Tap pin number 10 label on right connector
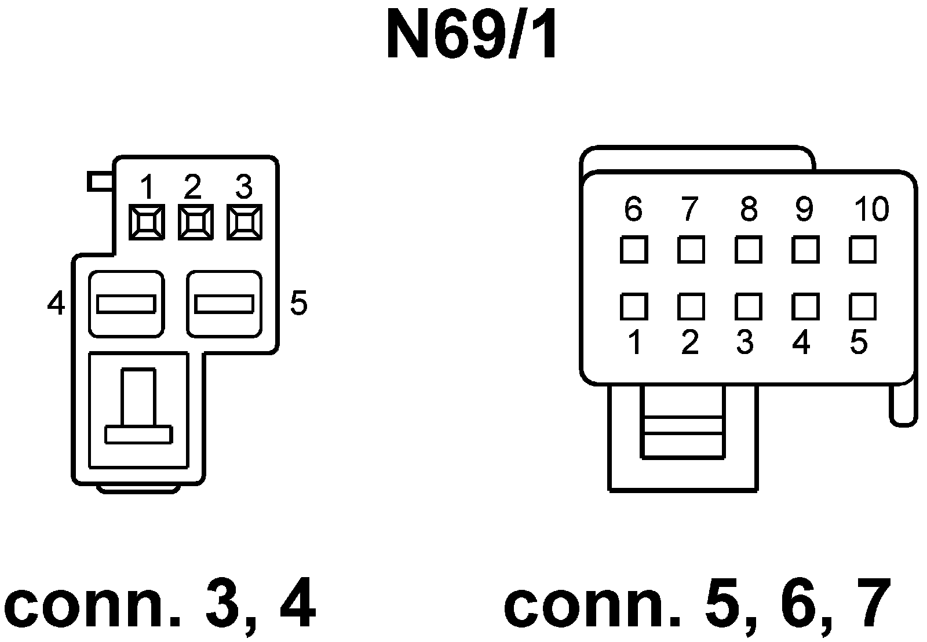(871, 209)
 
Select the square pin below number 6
(633, 250)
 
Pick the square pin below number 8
(748, 250)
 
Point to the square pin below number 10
(863, 250)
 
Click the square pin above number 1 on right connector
(633, 307)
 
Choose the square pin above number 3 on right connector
(748, 307)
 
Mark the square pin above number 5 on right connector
(863, 307)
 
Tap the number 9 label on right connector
(804, 209)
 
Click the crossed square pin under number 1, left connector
(147, 222)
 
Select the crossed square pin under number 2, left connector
(195, 222)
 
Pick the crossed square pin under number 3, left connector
(244, 222)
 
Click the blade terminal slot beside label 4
(126, 304)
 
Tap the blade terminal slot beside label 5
(224, 304)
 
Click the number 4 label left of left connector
(56, 303)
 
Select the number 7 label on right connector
(689, 209)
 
